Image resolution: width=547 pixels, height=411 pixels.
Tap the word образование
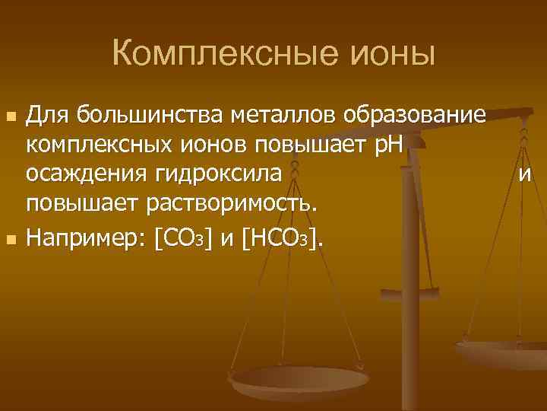(414, 116)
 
